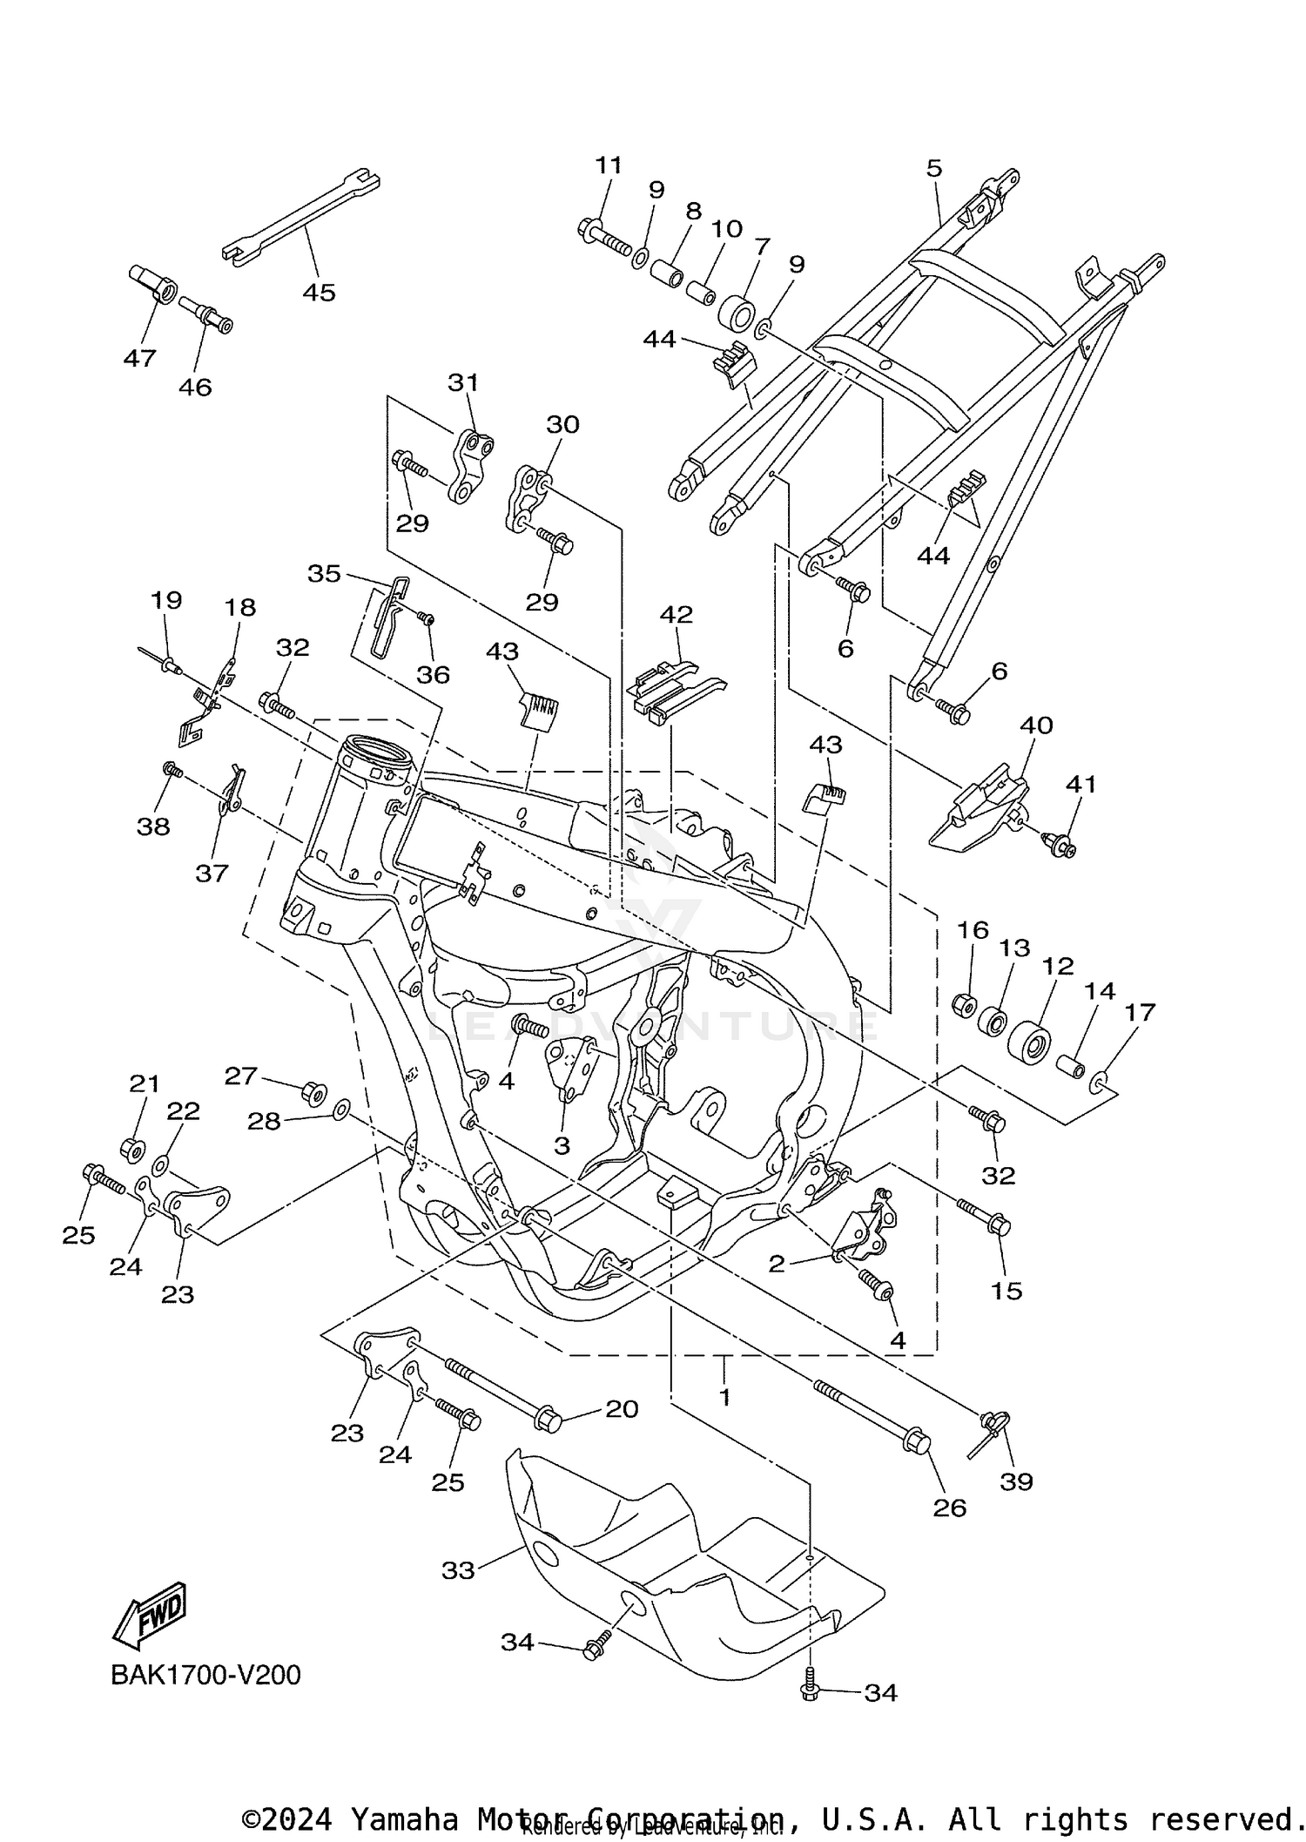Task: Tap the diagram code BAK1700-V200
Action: [205, 1674]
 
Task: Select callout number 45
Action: [319, 293]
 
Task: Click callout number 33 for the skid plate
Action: [458, 1569]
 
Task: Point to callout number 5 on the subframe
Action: [934, 167]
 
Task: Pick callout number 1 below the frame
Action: [724, 1397]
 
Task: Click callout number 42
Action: [676, 614]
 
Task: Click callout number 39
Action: [1016, 1481]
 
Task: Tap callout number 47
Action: [139, 358]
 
